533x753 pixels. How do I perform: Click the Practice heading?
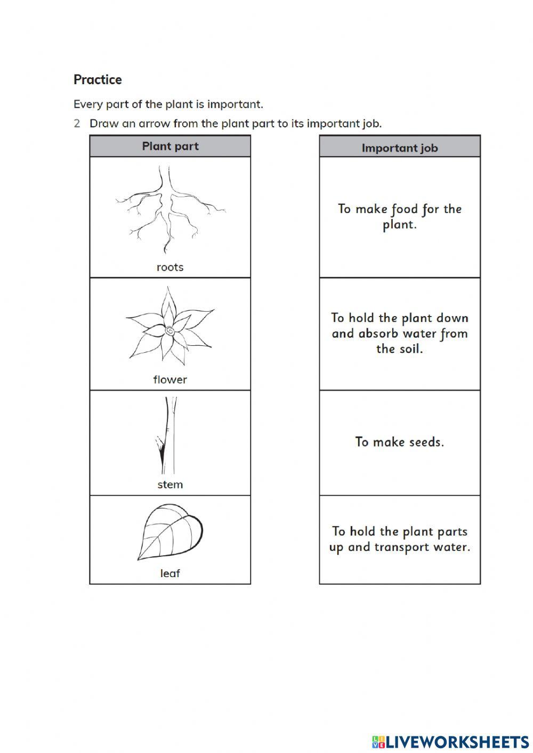[98, 80]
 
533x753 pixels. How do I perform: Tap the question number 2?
[77, 124]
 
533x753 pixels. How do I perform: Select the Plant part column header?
[170, 146]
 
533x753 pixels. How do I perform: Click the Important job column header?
[400, 148]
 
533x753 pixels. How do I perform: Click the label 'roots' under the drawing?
[170, 267]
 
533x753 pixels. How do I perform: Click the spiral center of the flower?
[169, 330]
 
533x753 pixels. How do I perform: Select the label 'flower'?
[170, 379]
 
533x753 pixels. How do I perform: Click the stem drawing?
[166, 437]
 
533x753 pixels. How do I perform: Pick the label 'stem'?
[170, 484]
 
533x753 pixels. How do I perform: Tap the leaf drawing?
[171, 533]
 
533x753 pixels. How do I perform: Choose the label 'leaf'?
[170, 573]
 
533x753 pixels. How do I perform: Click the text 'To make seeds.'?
[400, 442]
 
